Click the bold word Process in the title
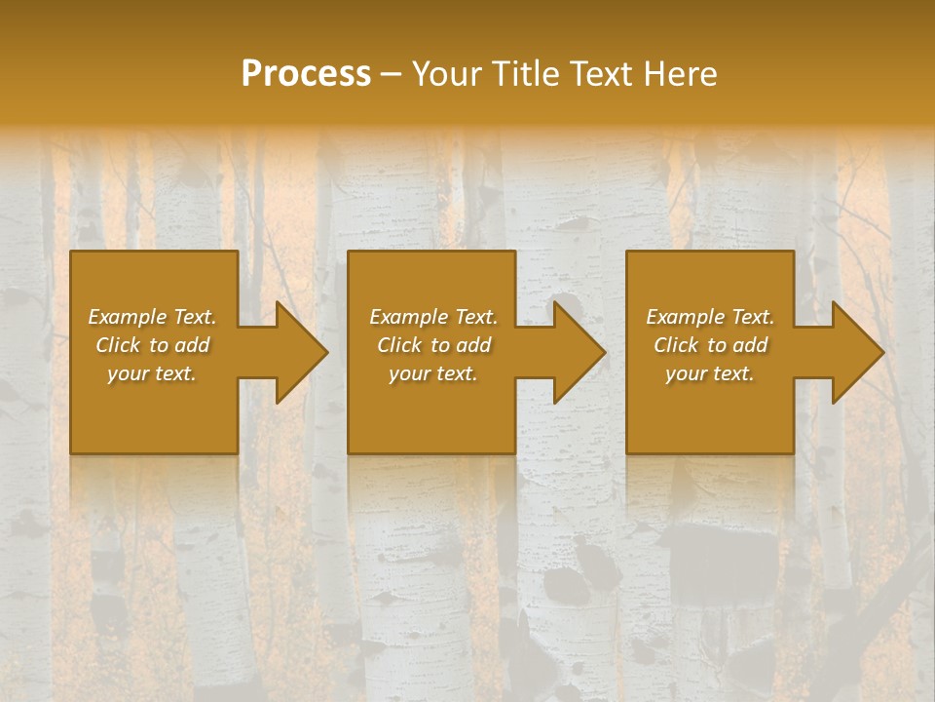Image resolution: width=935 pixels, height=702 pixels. click(306, 74)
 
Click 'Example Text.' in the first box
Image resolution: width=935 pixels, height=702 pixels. click(152, 317)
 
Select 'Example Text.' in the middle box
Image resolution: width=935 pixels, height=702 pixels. click(433, 317)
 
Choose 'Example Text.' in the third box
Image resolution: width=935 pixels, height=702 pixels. click(710, 317)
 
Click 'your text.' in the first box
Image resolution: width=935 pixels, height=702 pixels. click(152, 373)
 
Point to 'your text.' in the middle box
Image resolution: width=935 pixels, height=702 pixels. click(433, 373)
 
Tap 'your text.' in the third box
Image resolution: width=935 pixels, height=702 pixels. click(710, 373)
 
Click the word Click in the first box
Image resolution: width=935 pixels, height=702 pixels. click(118, 345)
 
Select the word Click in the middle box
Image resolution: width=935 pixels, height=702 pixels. click(399, 345)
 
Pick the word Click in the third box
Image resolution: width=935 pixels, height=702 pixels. click(676, 345)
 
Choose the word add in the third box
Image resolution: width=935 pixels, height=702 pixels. click(750, 345)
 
